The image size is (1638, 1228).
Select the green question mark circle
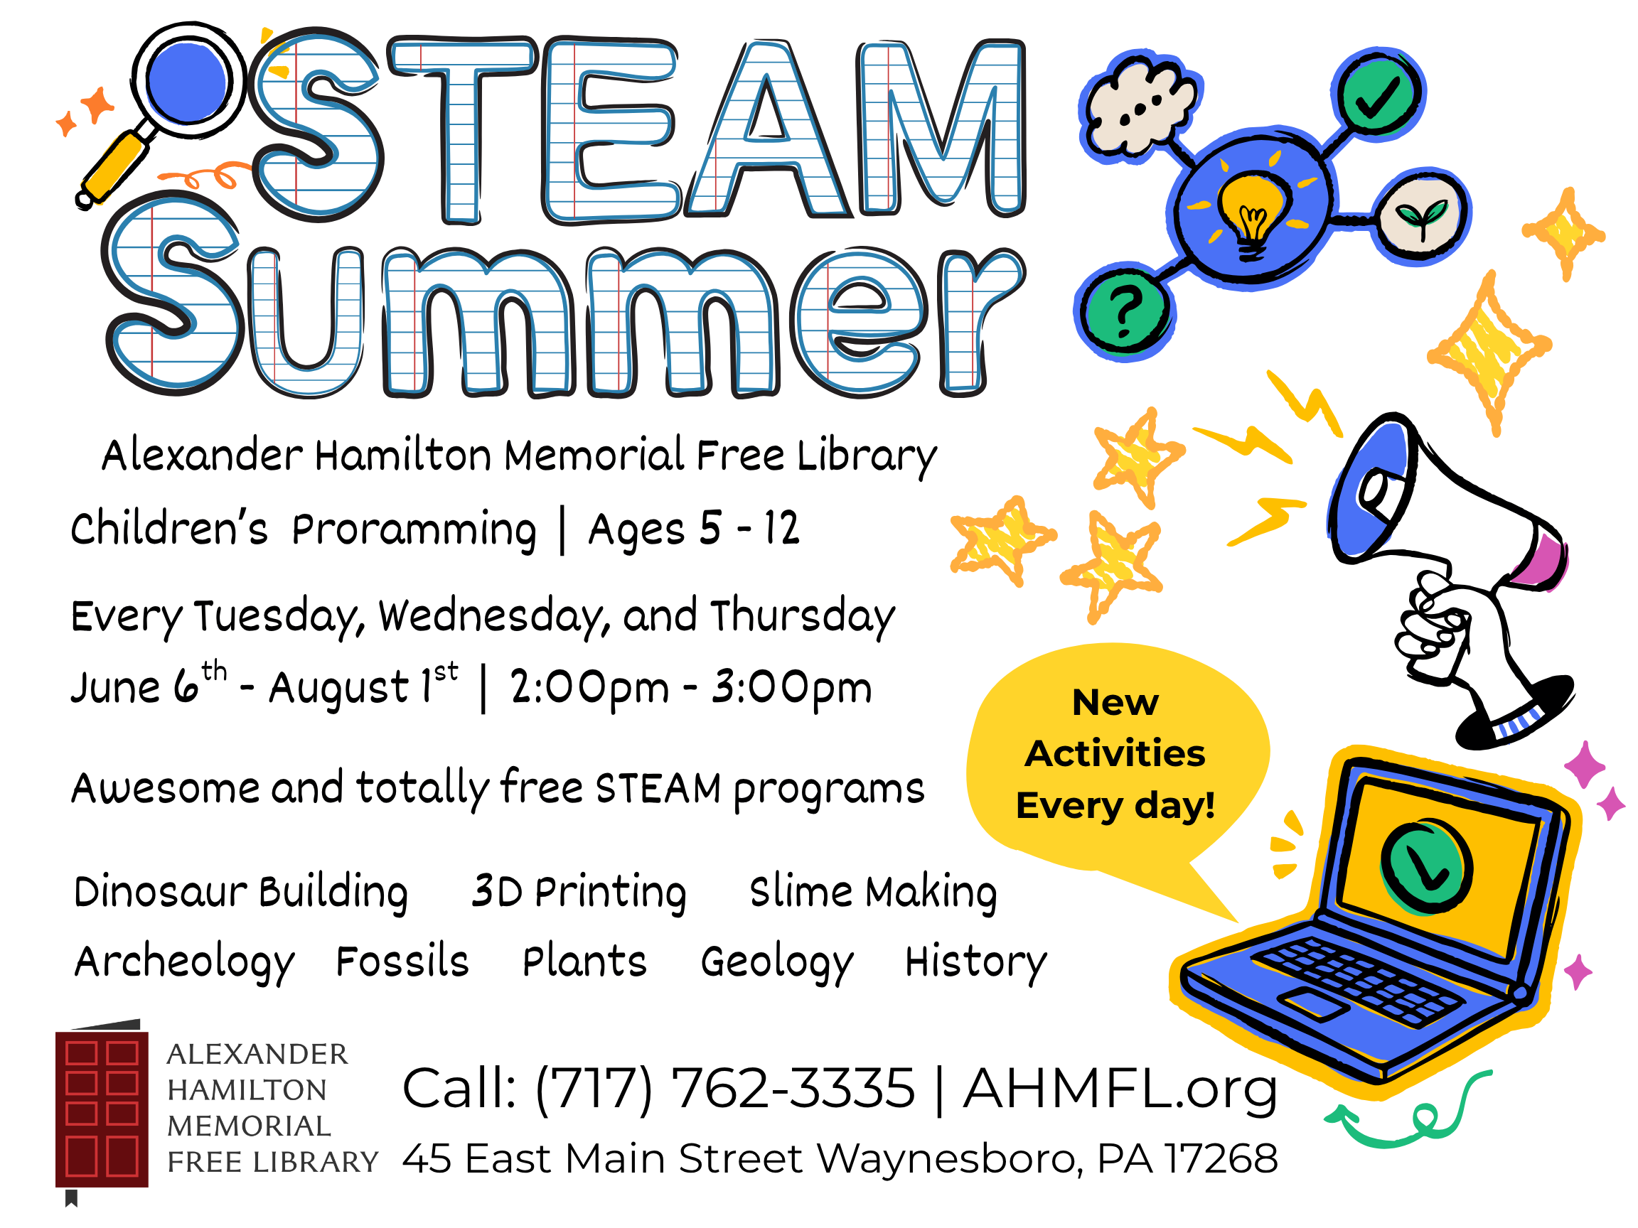[x=1125, y=310]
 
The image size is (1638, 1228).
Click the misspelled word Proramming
[x=414, y=530]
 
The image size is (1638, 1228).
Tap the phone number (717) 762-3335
[x=725, y=1089]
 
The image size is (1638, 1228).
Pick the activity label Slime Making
[x=873, y=891]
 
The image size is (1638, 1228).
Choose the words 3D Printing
[x=579, y=891]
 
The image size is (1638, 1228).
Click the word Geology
[x=778, y=962]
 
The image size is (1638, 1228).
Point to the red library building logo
[x=102, y=1108]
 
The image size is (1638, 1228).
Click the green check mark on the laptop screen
[x=1425, y=866]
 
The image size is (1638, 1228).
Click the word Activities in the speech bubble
[x=1115, y=753]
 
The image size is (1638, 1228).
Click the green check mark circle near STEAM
[x=1378, y=95]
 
